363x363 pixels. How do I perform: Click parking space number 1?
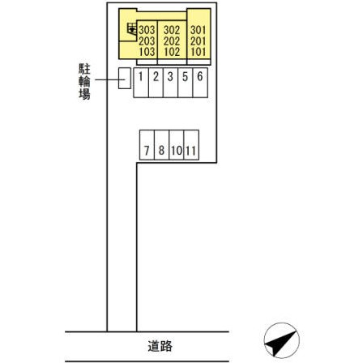[x=141, y=83]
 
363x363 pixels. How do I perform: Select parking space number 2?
[x=156, y=83]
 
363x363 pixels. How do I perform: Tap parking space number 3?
[x=170, y=83]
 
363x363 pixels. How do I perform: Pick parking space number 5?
[x=186, y=83]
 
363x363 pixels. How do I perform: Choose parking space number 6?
[x=200, y=83]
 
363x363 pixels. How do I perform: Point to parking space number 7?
[x=147, y=145]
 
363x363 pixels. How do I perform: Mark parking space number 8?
[x=162, y=145]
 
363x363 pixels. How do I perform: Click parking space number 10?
[x=177, y=145]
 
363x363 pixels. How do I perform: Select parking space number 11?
[x=191, y=145]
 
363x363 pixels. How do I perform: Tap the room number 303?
[x=147, y=30]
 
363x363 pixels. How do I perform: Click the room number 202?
[x=172, y=41]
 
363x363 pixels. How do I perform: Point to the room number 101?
[x=199, y=52]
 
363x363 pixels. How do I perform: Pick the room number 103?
[x=147, y=52]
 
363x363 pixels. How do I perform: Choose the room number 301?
[x=199, y=30]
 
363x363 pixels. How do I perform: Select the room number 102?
[x=172, y=52]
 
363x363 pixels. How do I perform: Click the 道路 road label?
[x=160, y=346]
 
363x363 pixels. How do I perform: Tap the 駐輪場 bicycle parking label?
[x=84, y=82]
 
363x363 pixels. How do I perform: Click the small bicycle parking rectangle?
[x=125, y=79]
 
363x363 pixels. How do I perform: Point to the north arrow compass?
[x=282, y=340]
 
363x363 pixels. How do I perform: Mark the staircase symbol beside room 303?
[x=132, y=29]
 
